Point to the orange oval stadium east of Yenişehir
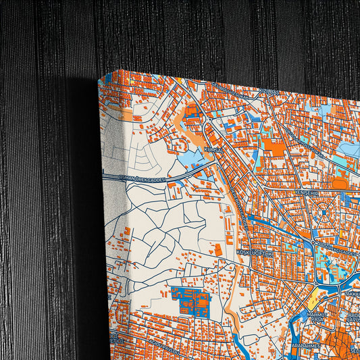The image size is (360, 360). (340, 183)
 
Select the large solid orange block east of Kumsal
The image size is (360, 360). (273, 146)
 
